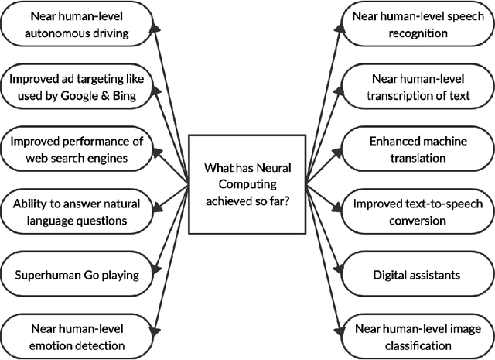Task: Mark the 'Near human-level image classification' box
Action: click(x=415, y=334)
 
